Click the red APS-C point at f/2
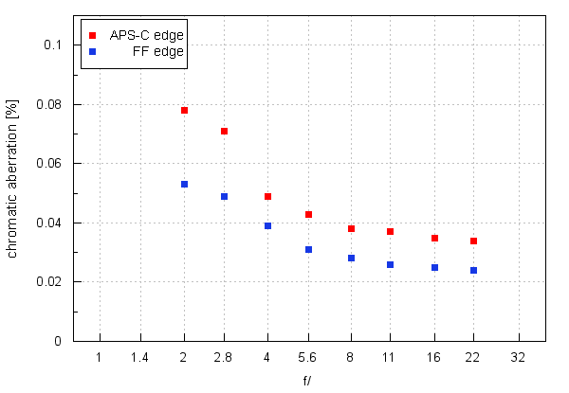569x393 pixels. coord(184,111)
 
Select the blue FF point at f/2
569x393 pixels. coord(184,185)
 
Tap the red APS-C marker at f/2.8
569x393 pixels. coord(224,131)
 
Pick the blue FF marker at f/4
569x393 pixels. coord(267,225)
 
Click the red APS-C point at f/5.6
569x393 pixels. coord(308,215)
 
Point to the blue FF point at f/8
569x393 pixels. coord(351,259)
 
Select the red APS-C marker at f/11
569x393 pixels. coord(390,232)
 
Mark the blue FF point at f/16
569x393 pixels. coord(434,268)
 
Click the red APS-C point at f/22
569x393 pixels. coord(473,241)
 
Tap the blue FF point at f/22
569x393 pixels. coord(473,271)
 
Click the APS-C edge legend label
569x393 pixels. coord(146,34)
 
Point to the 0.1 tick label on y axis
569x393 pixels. coord(52,45)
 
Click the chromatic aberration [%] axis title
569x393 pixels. coord(13,193)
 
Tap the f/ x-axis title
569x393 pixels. coord(307,381)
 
